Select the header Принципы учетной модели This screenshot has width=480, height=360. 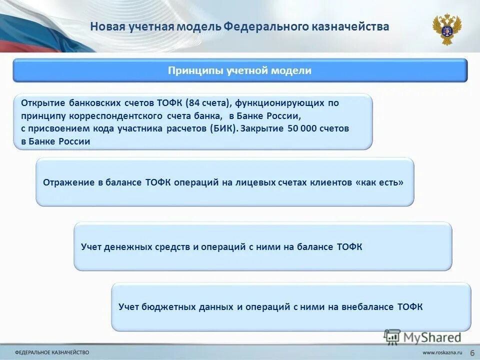[239, 70]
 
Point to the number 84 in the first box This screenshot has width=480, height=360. [194, 103]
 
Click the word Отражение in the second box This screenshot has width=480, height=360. [68, 182]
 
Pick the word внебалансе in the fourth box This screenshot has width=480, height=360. [368, 307]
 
